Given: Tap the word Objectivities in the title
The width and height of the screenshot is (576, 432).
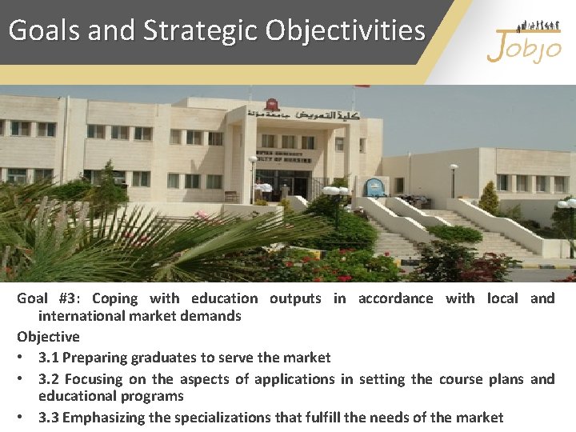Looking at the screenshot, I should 346,30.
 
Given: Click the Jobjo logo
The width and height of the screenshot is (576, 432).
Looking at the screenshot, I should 523,44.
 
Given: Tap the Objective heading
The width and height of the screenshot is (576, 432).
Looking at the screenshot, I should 48,337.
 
